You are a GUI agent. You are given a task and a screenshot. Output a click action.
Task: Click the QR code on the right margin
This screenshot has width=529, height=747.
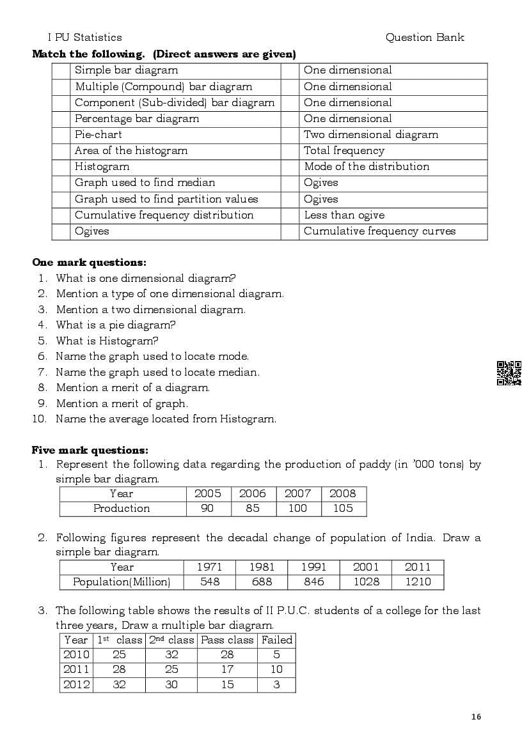[x=509, y=373]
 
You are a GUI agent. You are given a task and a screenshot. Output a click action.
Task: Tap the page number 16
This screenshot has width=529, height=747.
[x=476, y=717]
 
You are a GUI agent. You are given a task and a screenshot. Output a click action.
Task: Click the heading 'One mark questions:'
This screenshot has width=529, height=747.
[x=89, y=263]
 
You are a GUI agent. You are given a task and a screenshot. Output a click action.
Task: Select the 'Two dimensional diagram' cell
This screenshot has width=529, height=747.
[x=371, y=135]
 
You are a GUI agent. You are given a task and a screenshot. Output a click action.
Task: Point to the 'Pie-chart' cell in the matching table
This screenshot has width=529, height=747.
[x=99, y=135]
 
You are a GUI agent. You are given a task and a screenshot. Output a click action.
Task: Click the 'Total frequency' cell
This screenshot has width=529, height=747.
[x=344, y=151]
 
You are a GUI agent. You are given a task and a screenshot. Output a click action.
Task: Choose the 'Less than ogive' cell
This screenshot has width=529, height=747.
[x=344, y=215]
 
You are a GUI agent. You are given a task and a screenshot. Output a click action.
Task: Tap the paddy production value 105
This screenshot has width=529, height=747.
[x=343, y=509]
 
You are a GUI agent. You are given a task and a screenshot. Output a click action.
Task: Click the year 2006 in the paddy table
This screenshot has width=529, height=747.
[x=253, y=493]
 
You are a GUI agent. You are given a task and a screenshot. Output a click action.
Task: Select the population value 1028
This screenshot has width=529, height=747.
[x=367, y=582]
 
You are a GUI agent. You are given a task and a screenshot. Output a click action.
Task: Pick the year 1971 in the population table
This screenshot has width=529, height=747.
[x=209, y=567]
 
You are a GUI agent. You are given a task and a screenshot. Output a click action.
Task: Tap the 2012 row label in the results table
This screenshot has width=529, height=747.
[x=76, y=684]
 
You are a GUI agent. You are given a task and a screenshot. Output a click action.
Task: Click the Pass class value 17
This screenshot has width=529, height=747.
[x=227, y=670]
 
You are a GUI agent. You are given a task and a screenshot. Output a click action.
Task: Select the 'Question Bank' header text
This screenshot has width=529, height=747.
[x=425, y=38]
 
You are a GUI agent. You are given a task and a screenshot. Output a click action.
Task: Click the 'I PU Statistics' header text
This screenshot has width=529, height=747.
[x=84, y=38]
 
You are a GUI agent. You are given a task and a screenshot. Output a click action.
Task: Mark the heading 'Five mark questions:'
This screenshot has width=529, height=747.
[x=90, y=451]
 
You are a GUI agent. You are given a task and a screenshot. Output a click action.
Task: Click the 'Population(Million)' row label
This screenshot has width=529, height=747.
[x=122, y=582]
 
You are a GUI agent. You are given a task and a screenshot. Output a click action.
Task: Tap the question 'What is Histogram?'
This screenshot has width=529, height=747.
[x=107, y=341]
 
